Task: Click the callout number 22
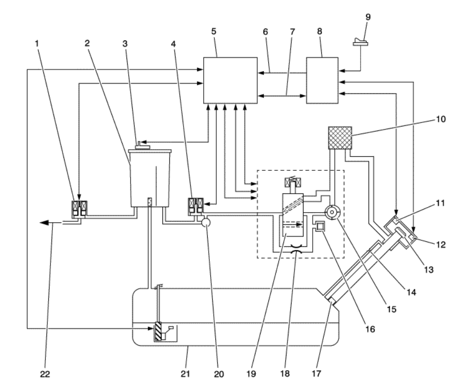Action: click(x=45, y=375)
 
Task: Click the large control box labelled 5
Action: click(x=229, y=80)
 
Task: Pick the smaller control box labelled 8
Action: click(x=322, y=81)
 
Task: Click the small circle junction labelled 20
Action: click(x=206, y=223)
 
